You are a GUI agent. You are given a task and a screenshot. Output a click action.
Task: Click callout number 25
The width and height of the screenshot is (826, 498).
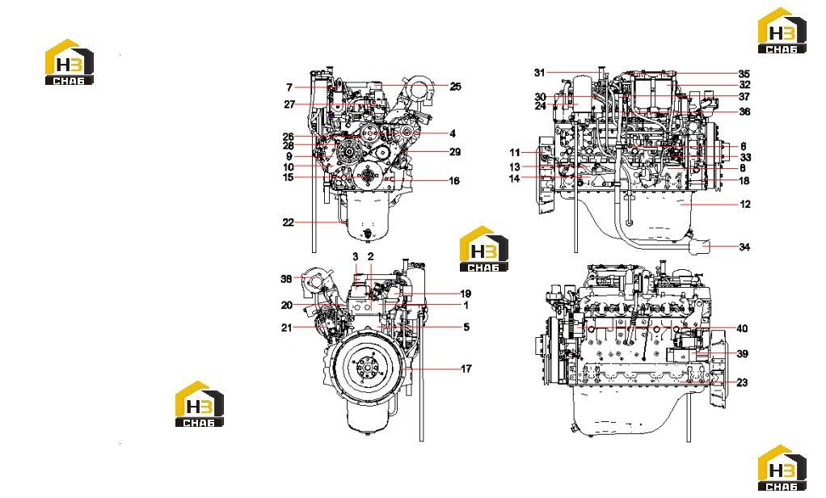pyautogui.click(x=455, y=87)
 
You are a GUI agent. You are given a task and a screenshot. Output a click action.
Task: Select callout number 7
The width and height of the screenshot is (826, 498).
pyautogui.click(x=289, y=87)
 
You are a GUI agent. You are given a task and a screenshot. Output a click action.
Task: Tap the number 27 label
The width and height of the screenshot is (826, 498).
pyautogui.click(x=289, y=104)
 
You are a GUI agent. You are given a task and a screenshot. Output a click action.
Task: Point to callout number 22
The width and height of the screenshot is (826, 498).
pyautogui.click(x=288, y=222)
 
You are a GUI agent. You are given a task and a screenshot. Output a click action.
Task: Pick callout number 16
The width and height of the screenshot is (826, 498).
pyautogui.click(x=453, y=181)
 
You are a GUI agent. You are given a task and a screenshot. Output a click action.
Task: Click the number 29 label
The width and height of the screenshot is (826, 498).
pyautogui.click(x=454, y=152)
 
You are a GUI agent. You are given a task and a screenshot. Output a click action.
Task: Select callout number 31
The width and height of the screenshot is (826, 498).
pyautogui.click(x=539, y=73)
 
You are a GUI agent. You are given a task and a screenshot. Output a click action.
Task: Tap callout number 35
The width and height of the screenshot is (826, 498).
pyautogui.click(x=744, y=74)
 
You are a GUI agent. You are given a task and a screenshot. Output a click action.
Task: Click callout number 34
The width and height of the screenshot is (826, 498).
pyautogui.click(x=744, y=247)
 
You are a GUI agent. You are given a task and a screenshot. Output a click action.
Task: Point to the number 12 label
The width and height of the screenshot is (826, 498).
pyautogui.click(x=745, y=204)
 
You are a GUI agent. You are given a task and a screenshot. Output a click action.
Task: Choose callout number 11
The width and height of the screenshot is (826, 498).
pyautogui.click(x=515, y=153)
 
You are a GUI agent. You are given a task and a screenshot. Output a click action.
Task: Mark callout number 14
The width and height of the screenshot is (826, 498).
pyautogui.click(x=514, y=179)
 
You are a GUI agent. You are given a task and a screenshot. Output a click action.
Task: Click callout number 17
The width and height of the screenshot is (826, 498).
pyautogui.click(x=466, y=369)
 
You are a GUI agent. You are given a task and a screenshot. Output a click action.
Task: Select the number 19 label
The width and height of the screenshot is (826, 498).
pyautogui.click(x=466, y=294)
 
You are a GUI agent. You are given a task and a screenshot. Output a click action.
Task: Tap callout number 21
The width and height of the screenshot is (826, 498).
pyautogui.click(x=286, y=327)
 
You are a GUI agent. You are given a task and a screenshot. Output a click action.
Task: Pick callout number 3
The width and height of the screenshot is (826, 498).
pyautogui.click(x=356, y=256)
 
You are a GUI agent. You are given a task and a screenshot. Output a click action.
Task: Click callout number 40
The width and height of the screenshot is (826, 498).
pyautogui.click(x=742, y=329)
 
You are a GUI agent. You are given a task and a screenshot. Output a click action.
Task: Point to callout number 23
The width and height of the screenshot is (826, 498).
pyautogui.click(x=742, y=382)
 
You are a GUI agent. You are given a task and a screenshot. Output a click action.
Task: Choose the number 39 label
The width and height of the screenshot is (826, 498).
pyautogui.click(x=742, y=353)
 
